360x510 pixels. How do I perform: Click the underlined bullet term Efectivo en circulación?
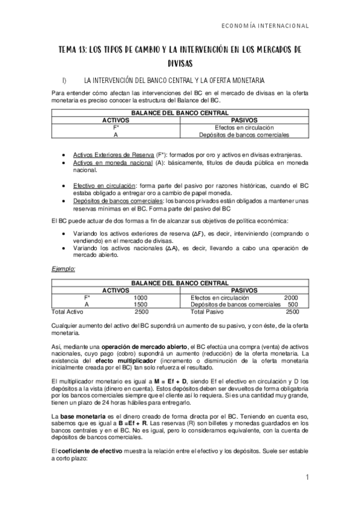click(x=105, y=186)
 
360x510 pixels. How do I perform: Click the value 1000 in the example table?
click(x=141, y=298)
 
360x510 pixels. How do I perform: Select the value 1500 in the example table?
click(x=141, y=305)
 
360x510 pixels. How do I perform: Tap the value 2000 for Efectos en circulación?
click(x=291, y=298)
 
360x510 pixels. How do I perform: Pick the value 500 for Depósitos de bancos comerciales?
click(x=293, y=305)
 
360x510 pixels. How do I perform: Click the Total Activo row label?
click(x=67, y=312)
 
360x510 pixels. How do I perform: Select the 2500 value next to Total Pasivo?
click(x=292, y=312)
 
